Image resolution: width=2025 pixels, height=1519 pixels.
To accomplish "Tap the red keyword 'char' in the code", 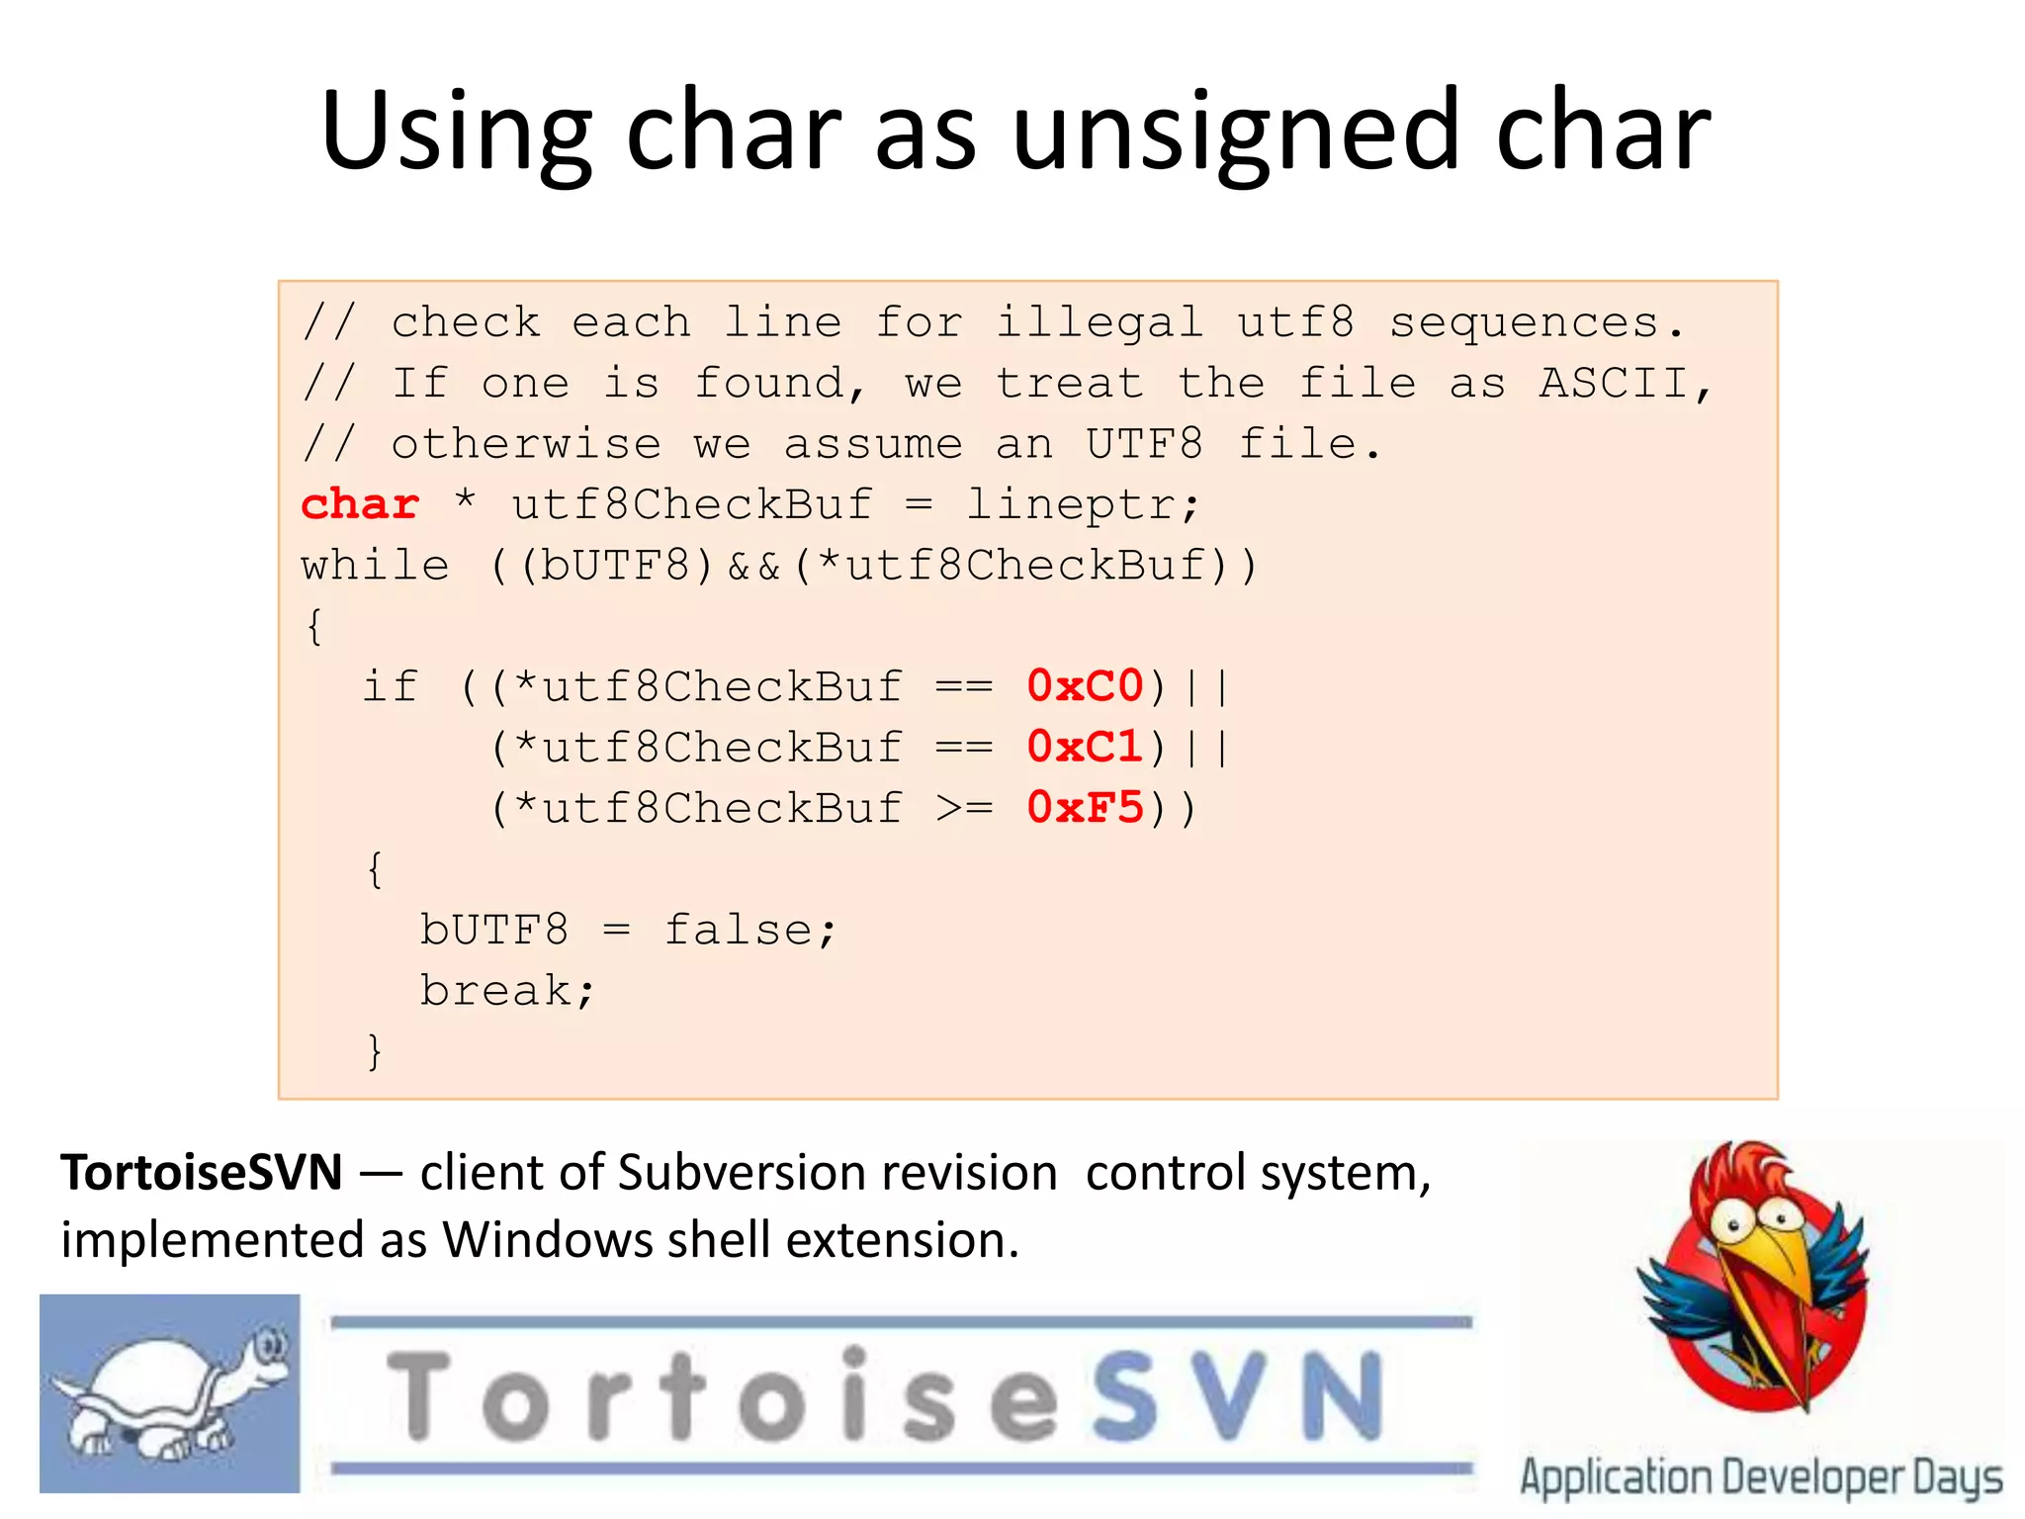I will pyautogui.click(x=360, y=504).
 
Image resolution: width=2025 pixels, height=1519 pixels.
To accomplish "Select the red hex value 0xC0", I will pyautogui.click(x=1085, y=686).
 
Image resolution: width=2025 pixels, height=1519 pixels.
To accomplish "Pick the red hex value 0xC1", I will pyautogui.click(x=1085, y=747).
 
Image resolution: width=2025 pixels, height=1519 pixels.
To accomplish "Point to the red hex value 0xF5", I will pyautogui.click(x=1085, y=808).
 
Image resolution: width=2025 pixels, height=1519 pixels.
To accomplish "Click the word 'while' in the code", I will pyautogui.click(x=376, y=566).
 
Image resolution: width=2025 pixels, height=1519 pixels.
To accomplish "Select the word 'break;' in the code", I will pyautogui.click(x=507, y=991).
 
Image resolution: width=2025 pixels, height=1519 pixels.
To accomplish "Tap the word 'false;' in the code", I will pyautogui.click(x=749, y=930).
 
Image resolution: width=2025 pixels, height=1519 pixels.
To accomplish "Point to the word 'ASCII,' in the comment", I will pyautogui.click(x=1625, y=384).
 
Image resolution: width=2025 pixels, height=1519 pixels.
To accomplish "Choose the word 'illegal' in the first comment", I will pyautogui.click(x=1100, y=323).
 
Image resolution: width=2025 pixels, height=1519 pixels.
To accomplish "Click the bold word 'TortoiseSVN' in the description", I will pyautogui.click(x=202, y=1174).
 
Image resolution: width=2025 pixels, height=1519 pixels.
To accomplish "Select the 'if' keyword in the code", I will pyautogui.click(x=391, y=686).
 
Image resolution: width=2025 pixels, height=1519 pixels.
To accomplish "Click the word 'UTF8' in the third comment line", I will pyautogui.click(x=1144, y=444).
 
